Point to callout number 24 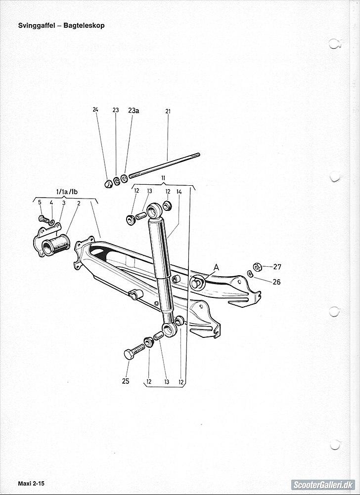(x=95, y=110)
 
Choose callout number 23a (x=134, y=110)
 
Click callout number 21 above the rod (x=168, y=111)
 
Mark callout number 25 (x=126, y=381)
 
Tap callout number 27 (x=277, y=267)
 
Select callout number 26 (x=276, y=282)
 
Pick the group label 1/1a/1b (x=65, y=192)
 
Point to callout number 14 (x=179, y=191)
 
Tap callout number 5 (x=40, y=203)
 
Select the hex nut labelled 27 (x=257, y=267)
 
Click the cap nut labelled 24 (x=108, y=184)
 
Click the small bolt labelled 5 (x=44, y=218)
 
